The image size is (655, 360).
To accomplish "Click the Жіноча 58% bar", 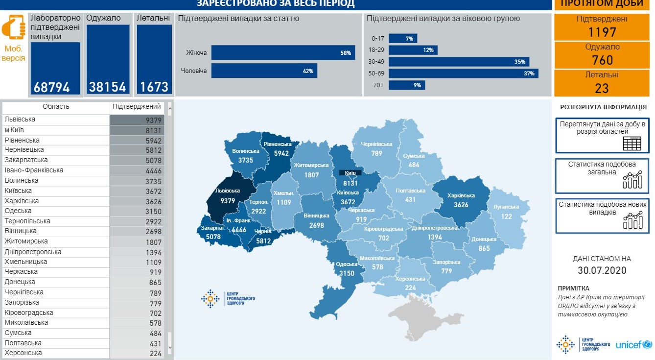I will pos(283,53).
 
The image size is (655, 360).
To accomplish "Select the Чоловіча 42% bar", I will pos(264,71).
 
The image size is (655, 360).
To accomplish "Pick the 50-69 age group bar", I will pos(463,73).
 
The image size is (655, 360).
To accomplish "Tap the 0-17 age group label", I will pos(378,38).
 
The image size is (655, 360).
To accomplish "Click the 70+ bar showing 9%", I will pos(407,85).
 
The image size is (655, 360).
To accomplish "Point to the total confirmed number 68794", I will pos(52,87).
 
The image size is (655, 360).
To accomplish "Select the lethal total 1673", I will pos(154,87).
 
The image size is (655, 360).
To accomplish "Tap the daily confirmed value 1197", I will pos(602,32).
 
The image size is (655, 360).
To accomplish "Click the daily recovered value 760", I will pos(602,60).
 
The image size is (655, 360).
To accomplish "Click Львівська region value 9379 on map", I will pos(228,200).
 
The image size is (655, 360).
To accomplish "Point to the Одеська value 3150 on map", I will pos(347,273).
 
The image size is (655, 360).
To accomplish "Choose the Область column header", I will pos(56,107).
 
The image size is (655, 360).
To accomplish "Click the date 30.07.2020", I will pos(602,270).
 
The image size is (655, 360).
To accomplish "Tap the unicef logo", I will pos(633,345).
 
